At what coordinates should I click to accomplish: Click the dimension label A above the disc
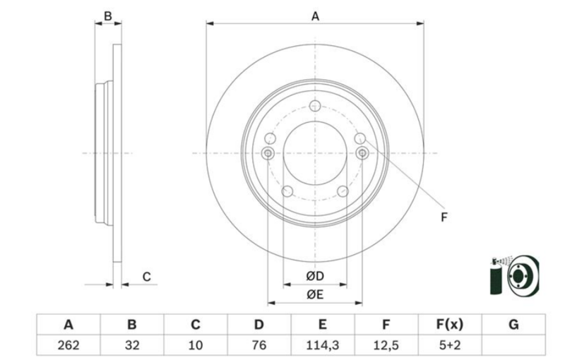click(315, 16)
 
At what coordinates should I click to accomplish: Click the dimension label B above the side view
click(108, 16)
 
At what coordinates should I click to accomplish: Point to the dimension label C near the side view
click(146, 277)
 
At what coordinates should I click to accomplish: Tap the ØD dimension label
click(315, 276)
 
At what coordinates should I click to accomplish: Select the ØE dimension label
click(315, 294)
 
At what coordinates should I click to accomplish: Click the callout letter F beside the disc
click(444, 217)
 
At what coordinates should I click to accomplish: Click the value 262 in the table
click(69, 346)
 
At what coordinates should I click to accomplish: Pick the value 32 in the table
click(132, 346)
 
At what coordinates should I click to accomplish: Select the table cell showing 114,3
click(323, 346)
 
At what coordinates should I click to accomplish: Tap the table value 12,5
click(386, 346)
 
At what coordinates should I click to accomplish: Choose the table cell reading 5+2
click(450, 346)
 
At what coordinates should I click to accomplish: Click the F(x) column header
click(450, 325)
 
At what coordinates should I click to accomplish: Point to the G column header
click(513, 325)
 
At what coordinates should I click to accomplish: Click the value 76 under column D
click(259, 346)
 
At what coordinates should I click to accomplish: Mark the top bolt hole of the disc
click(315, 106)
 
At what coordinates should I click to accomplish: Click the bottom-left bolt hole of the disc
click(287, 191)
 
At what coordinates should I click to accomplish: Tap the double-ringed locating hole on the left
click(268, 154)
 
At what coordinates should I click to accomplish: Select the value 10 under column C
click(196, 346)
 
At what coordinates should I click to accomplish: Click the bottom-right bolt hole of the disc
click(343, 191)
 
